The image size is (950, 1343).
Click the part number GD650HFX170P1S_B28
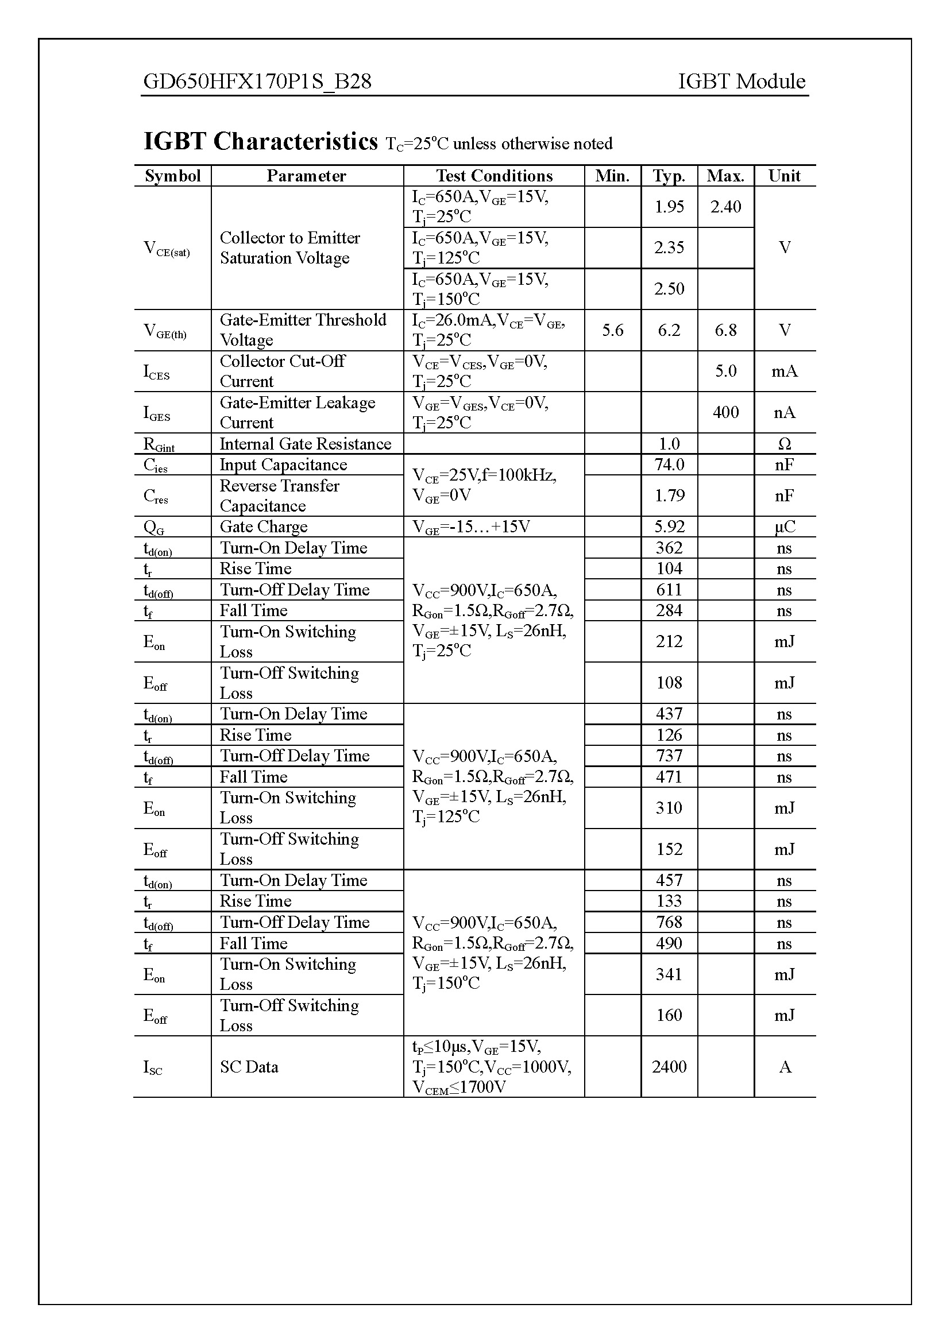[x=257, y=82]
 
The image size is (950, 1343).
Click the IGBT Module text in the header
[x=741, y=82]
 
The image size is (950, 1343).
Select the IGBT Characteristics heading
[x=261, y=142]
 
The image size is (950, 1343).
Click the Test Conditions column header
[x=494, y=176]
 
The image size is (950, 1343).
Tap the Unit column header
[x=784, y=176]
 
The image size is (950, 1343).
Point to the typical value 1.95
[x=669, y=207]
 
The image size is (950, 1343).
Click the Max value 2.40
[x=725, y=207]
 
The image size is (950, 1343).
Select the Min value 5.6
[x=612, y=331]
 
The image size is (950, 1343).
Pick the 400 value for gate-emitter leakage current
[x=725, y=412]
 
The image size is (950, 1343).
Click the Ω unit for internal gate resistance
[x=784, y=444]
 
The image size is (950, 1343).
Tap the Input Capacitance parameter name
[x=283, y=465]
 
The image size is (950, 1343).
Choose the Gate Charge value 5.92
[x=669, y=527]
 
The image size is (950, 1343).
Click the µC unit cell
[x=784, y=527]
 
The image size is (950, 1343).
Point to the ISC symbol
[x=153, y=1067]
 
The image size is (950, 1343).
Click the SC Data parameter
[x=249, y=1067]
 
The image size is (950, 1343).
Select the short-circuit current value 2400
[x=669, y=1067]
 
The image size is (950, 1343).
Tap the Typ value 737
[x=669, y=756]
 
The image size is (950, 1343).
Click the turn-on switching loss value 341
[x=669, y=974]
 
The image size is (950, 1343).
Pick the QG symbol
[x=153, y=528]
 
